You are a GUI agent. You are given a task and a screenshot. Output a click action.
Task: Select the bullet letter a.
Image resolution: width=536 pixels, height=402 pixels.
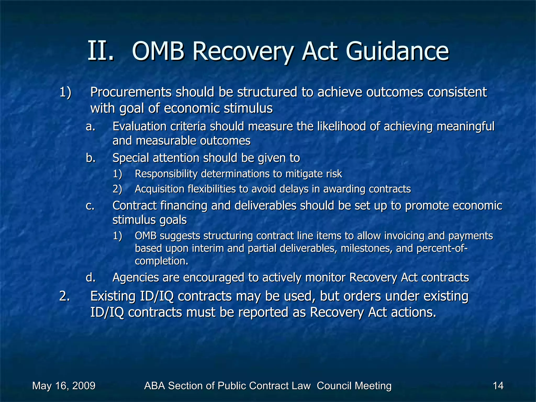(91, 127)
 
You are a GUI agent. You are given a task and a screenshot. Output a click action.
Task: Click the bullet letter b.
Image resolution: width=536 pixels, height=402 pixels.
(91, 158)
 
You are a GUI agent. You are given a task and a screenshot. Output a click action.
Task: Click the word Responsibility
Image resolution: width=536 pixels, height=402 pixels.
(166, 174)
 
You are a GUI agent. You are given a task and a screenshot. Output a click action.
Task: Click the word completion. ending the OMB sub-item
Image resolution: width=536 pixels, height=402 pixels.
(161, 261)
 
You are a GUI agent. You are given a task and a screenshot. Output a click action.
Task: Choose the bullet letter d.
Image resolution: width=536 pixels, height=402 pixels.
(91, 277)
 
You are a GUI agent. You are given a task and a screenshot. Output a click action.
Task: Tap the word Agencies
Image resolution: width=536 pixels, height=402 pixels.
(135, 277)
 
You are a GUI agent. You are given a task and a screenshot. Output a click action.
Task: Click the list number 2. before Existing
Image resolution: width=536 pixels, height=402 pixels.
(65, 296)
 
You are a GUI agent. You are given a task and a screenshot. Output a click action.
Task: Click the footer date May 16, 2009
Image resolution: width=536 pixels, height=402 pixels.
(64, 386)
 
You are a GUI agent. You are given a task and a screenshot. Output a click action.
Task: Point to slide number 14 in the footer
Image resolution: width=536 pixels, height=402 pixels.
(498, 386)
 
